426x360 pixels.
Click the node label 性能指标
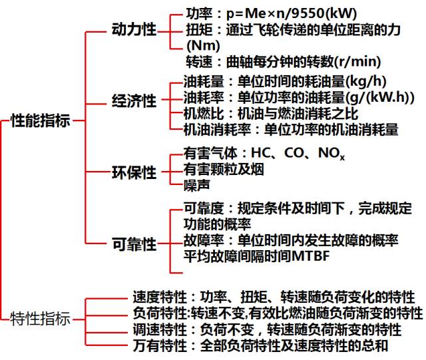click(x=40, y=121)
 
